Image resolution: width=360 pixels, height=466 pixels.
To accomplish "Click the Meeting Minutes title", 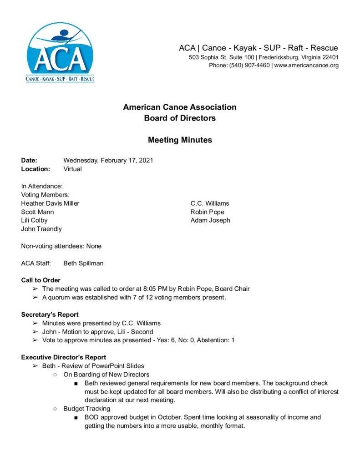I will pos(180,140).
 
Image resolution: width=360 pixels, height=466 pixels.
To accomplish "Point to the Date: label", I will pos(29,160).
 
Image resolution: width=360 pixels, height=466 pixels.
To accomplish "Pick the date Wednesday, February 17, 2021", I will pos(108,160).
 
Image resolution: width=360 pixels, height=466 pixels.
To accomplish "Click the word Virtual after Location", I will pos(73,169).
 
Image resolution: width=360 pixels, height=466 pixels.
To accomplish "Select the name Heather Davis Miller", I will pos(50,203).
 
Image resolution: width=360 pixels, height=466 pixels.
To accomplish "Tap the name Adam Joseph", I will pos(210,220).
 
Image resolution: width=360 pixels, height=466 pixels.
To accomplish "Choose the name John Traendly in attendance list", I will pos(41,229).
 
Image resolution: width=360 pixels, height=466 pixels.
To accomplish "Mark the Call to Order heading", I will pos(41,280).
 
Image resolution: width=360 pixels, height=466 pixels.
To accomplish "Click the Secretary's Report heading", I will pos(50,314).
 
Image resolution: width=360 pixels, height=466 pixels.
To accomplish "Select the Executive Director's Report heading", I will pos(64,357).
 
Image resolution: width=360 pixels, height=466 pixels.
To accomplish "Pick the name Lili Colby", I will pos(34,220).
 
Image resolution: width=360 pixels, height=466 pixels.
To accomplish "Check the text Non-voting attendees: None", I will pos(61,246).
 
